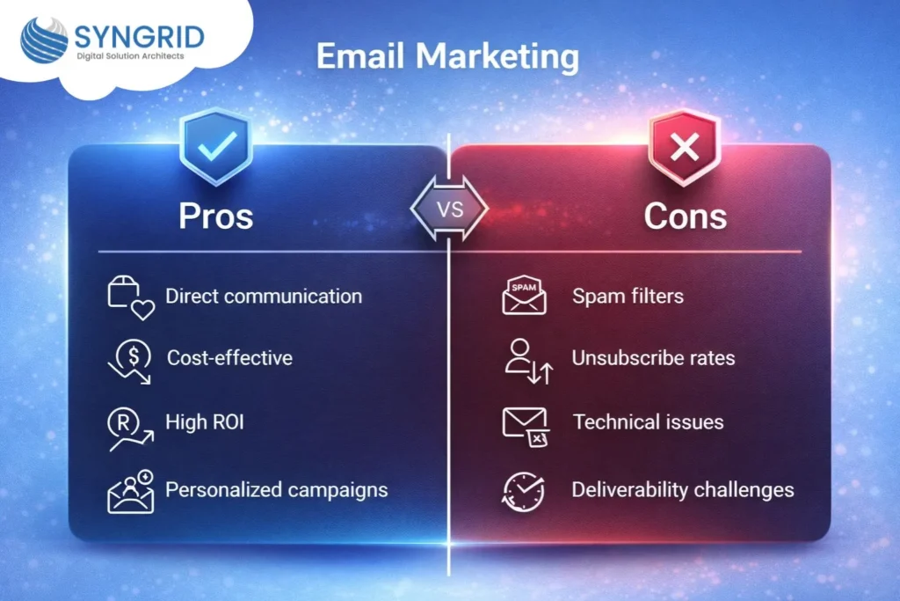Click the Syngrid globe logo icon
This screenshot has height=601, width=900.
click(x=44, y=40)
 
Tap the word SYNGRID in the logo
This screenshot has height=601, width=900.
click(x=139, y=37)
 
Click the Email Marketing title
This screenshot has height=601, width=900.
click(x=447, y=56)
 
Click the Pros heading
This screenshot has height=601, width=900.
click(x=216, y=215)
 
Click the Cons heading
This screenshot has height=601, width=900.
click(x=685, y=215)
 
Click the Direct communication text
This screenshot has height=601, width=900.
click(x=264, y=296)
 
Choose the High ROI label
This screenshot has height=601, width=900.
click(x=205, y=422)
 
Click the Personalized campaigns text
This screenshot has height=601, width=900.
click(x=276, y=489)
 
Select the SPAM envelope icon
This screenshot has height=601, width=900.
click(x=524, y=297)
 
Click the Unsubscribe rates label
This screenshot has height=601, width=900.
click(x=653, y=358)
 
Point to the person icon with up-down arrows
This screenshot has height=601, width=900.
click(x=527, y=362)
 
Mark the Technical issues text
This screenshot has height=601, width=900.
click(x=648, y=422)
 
